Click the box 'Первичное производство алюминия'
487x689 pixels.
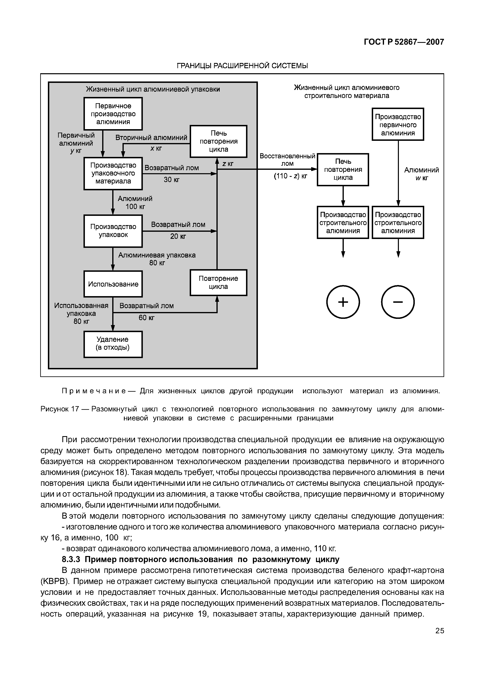[x=113, y=114]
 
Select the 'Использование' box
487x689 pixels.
[x=113, y=284]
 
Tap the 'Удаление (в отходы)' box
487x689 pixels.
[x=113, y=344]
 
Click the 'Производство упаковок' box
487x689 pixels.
[x=113, y=231]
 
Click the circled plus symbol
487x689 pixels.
[x=343, y=302]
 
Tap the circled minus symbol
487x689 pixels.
[x=398, y=302]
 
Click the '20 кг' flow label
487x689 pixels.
[x=178, y=236]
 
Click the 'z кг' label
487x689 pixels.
[x=228, y=164]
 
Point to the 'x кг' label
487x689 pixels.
[x=156, y=148]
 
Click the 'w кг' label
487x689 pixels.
[x=422, y=178]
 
